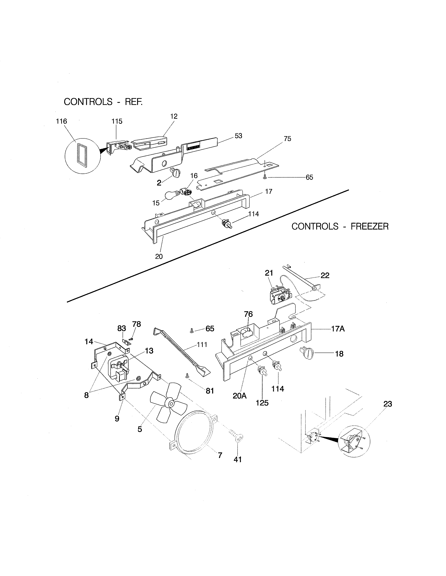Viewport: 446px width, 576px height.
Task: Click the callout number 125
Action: click(x=262, y=403)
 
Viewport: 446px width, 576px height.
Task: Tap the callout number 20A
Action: click(x=239, y=396)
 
